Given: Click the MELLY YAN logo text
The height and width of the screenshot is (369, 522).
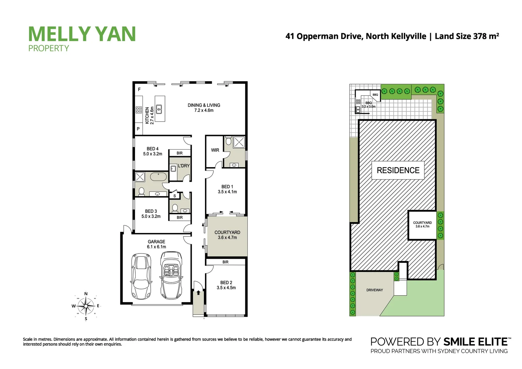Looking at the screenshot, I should click(x=82, y=34).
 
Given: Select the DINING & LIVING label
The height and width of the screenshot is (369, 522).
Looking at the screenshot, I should click(x=204, y=108).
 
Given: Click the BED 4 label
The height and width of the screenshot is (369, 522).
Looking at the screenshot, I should click(x=153, y=151).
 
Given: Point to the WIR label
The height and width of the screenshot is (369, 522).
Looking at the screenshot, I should click(x=215, y=150).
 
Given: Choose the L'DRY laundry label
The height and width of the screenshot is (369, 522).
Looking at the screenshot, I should click(x=184, y=166).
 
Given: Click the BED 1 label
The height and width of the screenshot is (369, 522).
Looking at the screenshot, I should click(x=227, y=189).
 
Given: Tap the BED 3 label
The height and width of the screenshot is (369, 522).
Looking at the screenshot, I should click(x=151, y=214).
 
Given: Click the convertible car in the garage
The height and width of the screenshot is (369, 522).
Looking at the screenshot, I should click(x=171, y=276).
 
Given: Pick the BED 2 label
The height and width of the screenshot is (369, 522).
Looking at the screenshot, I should click(x=226, y=285).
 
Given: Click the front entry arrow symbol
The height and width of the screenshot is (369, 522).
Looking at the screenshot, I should click(x=198, y=293).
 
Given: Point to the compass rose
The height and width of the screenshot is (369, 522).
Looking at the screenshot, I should click(x=86, y=306).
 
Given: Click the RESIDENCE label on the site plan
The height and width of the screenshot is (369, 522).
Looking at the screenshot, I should click(x=398, y=170).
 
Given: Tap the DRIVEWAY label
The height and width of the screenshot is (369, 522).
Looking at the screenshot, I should click(x=374, y=290).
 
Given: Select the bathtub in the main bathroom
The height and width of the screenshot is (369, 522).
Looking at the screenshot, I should click(x=158, y=177).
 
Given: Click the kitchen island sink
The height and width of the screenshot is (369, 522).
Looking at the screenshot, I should click(x=159, y=109).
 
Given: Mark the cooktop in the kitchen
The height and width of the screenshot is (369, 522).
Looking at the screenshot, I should click(x=139, y=110).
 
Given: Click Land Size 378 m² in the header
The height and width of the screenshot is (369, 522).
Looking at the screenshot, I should click(x=467, y=36).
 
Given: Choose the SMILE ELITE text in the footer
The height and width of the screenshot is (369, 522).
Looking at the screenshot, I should click(x=475, y=342).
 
